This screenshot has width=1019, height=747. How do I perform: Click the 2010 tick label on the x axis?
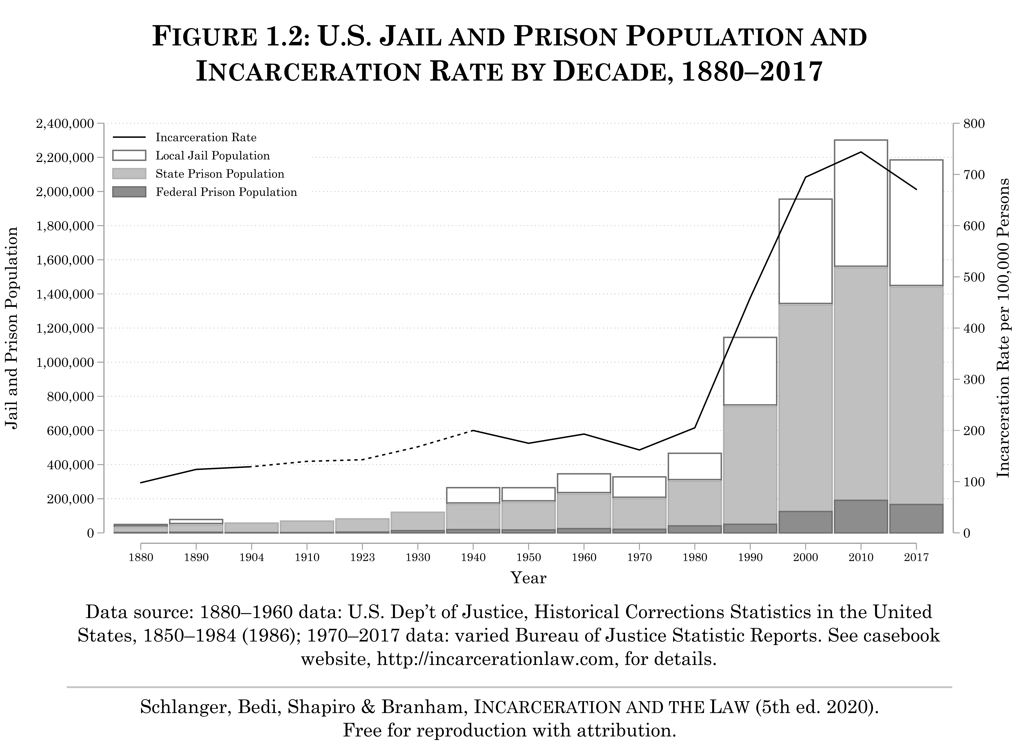pos(861,557)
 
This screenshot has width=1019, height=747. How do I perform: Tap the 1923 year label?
pos(363,557)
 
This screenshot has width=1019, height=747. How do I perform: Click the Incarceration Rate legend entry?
pos(206,138)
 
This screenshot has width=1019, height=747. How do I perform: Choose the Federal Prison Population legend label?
pos(226,192)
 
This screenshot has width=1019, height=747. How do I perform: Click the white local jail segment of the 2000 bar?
pos(806,251)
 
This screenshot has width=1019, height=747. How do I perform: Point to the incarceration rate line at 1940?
pos(473,430)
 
